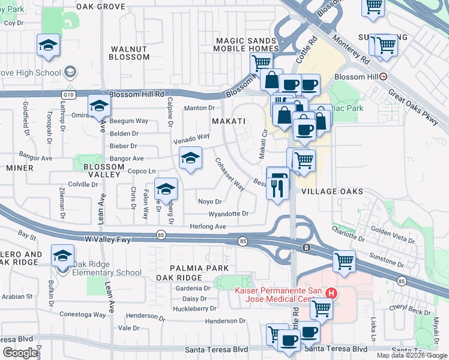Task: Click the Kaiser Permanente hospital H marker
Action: tap(331, 293)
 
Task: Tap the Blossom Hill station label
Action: tap(354, 77)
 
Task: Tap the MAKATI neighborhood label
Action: tap(229, 121)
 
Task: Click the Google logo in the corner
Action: tap(20, 353)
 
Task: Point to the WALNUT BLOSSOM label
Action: tap(129, 52)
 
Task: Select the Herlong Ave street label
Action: tap(208, 226)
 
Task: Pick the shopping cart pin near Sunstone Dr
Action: tap(344, 260)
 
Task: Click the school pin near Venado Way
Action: tap(190, 158)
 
